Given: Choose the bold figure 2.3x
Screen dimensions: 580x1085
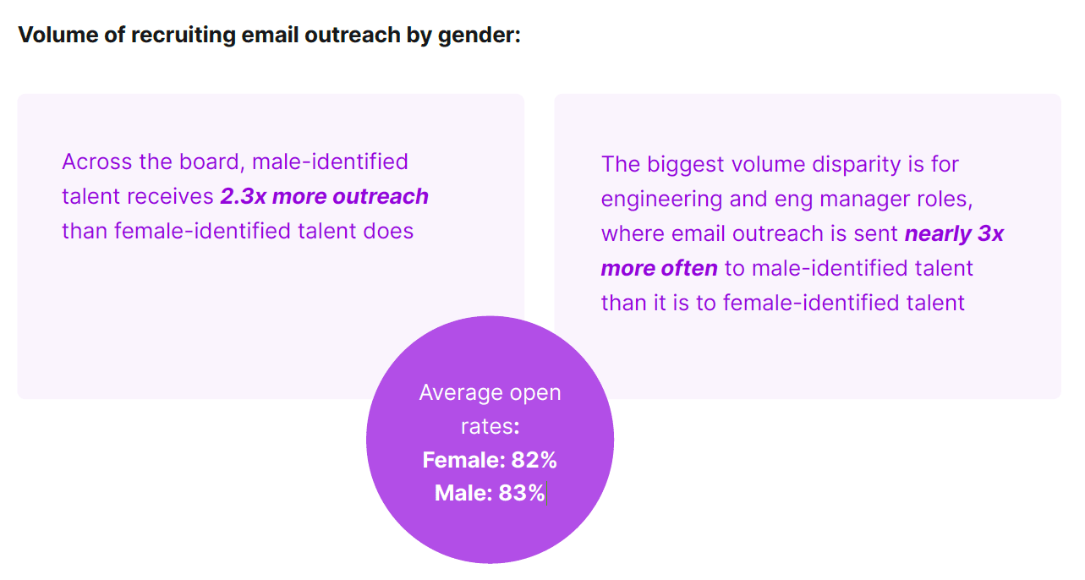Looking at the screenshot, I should click(x=243, y=196).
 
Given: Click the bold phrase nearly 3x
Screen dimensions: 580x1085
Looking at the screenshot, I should click(x=954, y=233).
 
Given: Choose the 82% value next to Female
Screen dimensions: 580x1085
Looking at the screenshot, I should click(x=534, y=460).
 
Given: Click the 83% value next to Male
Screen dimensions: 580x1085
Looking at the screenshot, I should click(x=522, y=493).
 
